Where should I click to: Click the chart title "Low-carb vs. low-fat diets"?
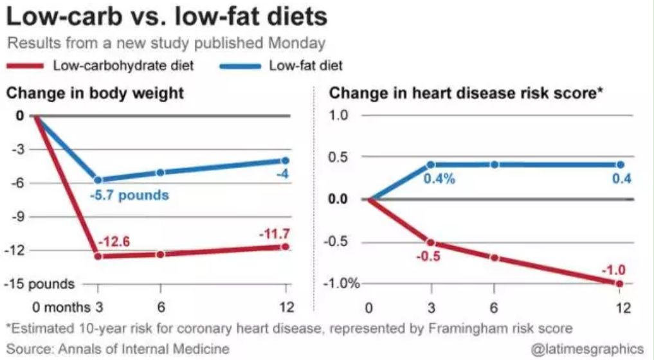coord(167,17)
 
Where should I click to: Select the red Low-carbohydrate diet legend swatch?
coord(25,66)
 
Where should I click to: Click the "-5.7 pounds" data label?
coord(129,195)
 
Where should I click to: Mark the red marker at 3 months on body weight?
coord(98,256)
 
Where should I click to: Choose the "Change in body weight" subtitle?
coord(95,93)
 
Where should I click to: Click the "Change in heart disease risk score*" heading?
coord(466,93)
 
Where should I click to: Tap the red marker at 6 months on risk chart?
coord(495,257)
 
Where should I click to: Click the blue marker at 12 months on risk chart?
coord(620,165)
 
